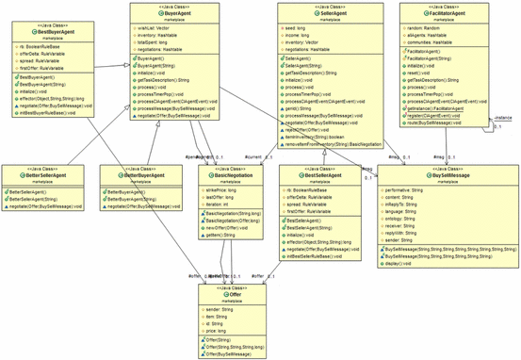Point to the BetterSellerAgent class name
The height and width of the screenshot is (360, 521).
tap(47, 175)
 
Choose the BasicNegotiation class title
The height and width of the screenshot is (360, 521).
tap(232, 175)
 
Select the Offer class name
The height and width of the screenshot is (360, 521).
tap(235, 294)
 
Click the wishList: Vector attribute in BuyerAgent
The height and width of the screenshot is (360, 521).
tap(157, 29)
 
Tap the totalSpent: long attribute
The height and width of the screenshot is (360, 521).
tap(158, 43)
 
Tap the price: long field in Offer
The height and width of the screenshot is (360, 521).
tap(220, 331)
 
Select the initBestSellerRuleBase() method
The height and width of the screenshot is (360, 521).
tap(326, 255)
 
